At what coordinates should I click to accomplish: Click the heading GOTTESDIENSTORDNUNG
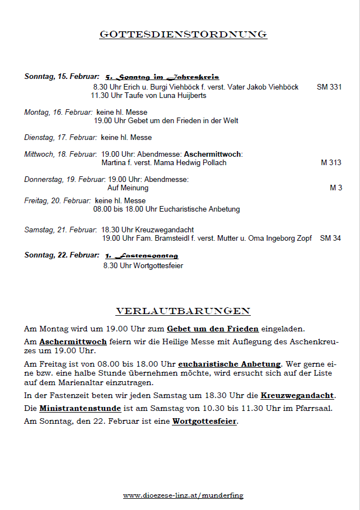pyautogui.click(x=183, y=35)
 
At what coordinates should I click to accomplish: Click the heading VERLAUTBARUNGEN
pyautogui.click(x=183, y=311)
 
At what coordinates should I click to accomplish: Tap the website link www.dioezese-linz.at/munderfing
pyautogui.click(x=183, y=495)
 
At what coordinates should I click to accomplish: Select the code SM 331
pyautogui.click(x=329, y=87)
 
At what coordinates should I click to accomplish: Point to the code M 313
pyautogui.click(x=331, y=163)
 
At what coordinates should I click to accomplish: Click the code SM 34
pyautogui.click(x=330, y=238)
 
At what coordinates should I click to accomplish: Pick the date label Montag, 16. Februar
pyautogui.click(x=58, y=113)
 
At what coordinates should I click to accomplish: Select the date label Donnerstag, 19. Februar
pyautogui.click(x=64, y=180)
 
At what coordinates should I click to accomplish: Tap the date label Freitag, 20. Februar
pyautogui.click(x=57, y=200)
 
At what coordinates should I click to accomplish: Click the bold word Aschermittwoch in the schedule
pyautogui.click(x=213, y=154)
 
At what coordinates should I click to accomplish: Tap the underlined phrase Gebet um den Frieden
pyautogui.click(x=212, y=329)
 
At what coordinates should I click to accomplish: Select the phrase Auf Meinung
pyautogui.click(x=128, y=188)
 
